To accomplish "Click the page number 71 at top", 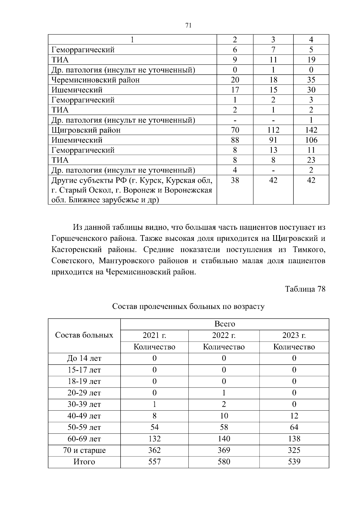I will click(188, 25).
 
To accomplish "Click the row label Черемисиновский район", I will click(95, 80).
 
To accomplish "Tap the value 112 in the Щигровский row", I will click(273, 130).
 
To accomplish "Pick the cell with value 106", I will click(311, 140).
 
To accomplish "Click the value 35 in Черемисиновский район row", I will click(311, 80).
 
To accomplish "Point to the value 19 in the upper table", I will click(311, 60).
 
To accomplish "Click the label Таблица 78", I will click(305, 289).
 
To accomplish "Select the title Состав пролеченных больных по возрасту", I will click(188, 307).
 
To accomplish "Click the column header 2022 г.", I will click(224, 335).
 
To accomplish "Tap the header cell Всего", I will click(224, 324).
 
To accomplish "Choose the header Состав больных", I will click(84, 335).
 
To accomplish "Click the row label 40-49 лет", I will click(84, 416).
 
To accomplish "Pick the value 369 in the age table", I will click(224, 450).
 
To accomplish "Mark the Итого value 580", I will click(224, 462).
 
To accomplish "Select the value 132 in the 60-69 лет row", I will click(154, 439).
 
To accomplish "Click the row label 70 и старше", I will click(84, 450).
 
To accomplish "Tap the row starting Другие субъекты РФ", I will click(132, 190).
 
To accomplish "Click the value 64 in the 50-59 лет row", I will click(294, 427).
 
